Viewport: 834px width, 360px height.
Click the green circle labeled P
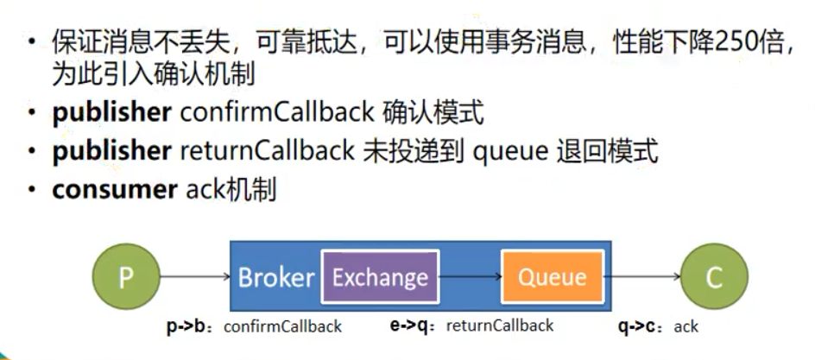coord(126,277)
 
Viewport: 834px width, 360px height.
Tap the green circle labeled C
coord(713,277)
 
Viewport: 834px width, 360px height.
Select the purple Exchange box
coord(380,277)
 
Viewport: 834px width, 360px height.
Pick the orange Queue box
coord(552,277)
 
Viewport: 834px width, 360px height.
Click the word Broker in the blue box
coord(274,277)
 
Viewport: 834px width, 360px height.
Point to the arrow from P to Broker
coord(195,277)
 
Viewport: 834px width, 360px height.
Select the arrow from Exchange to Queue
coord(471,277)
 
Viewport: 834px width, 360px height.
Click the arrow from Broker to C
coord(646,277)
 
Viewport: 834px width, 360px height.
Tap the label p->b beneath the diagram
coord(188,326)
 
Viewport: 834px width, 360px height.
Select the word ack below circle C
coord(686,326)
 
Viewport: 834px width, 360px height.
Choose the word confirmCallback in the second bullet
coord(266,113)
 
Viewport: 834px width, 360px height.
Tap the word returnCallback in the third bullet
coord(266,151)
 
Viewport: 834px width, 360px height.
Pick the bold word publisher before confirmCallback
coord(111,113)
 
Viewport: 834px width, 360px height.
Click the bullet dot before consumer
coord(32,190)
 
